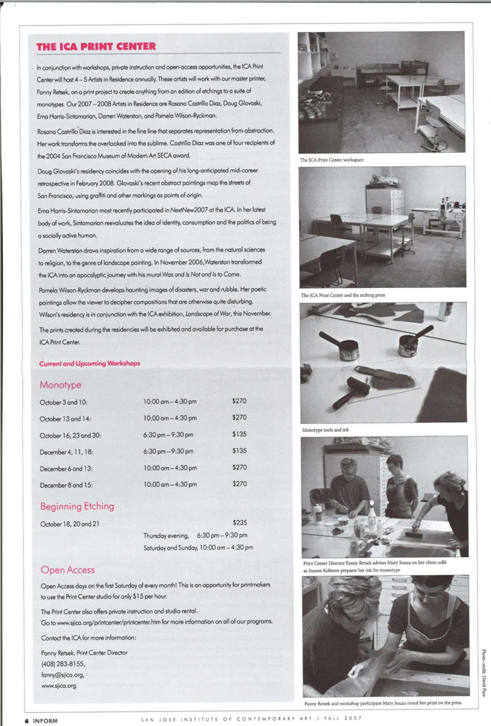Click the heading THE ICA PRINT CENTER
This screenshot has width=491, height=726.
(96, 47)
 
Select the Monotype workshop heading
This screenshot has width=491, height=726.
(60, 385)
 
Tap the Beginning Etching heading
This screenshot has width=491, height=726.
(77, 506)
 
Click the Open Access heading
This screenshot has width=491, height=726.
(68, 570)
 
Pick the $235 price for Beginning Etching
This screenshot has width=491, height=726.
(240, 523)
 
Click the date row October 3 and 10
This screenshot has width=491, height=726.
(63, 402)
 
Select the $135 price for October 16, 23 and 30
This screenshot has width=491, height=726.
(239, 434)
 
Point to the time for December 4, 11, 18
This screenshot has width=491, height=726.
(168, 451)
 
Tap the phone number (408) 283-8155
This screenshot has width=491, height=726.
(63, 664)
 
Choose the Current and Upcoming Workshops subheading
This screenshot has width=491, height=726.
(89, 364)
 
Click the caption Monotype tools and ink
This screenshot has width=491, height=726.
(325, 430)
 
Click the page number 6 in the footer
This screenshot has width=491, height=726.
(27, 721)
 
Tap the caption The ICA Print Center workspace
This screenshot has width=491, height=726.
(332, 160)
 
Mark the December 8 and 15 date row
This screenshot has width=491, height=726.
(66, 485)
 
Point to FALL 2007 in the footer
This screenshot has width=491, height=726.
(344, 719)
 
